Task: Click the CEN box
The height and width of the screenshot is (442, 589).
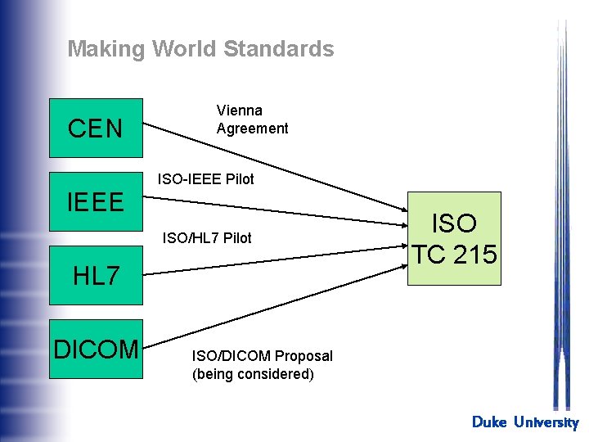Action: point(96,128)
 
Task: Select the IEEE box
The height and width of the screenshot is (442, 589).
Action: point(96,201)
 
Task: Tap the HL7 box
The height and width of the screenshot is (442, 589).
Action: point(96,276)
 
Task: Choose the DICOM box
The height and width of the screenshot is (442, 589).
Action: point(96,349)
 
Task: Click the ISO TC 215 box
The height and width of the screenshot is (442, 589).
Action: point(454,238)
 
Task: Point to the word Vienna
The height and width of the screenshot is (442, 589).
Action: point(239,110)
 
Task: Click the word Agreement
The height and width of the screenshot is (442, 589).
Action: point(252,129)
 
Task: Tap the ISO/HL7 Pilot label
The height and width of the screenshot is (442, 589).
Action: point(207,238)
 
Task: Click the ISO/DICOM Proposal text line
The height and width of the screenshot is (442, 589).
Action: point(262,356)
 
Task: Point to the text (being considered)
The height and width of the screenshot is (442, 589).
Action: point(252,374)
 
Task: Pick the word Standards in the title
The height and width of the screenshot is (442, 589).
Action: point(278,49)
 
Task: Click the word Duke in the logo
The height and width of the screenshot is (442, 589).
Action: point(489,422)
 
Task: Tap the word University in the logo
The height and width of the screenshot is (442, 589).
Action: point(546,422)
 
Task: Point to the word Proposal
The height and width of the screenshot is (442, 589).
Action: point(303,356)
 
